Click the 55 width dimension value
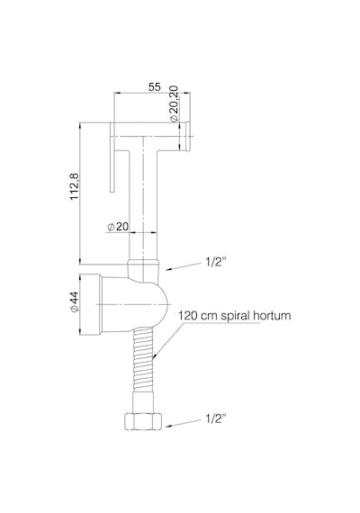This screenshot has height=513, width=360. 155,87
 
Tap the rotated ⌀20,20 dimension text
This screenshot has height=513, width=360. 174,103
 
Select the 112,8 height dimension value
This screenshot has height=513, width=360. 75,186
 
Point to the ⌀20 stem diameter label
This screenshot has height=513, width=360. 118,227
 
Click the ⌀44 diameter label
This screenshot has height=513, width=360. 75,301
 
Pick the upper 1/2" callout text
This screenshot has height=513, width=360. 216,262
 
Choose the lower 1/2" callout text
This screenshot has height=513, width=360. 216,418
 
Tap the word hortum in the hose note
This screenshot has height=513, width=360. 273,316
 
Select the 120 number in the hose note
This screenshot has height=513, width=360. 187,316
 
